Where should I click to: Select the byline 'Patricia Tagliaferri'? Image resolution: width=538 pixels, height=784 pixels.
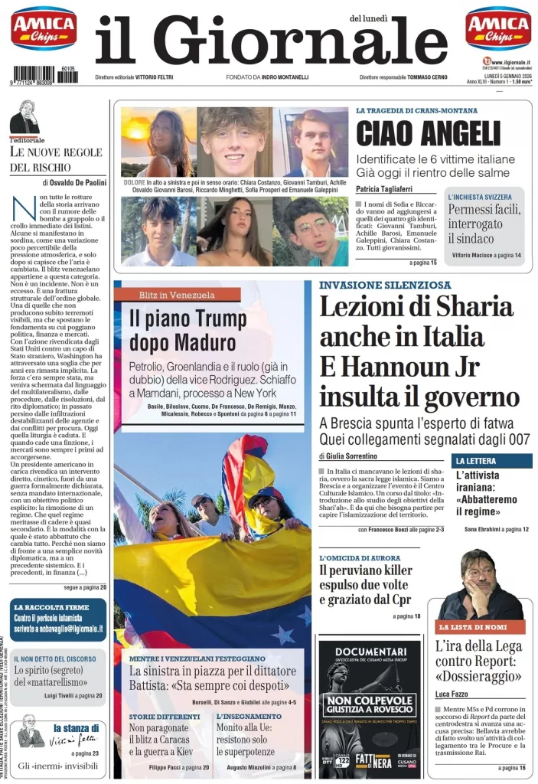tap(388, 189)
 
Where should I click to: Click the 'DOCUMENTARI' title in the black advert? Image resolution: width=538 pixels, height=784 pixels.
tap(370, 651)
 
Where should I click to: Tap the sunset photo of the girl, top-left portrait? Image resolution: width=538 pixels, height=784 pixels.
tap(158, 142)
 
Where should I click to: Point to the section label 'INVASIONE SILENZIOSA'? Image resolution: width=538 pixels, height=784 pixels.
tap(385, 286)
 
